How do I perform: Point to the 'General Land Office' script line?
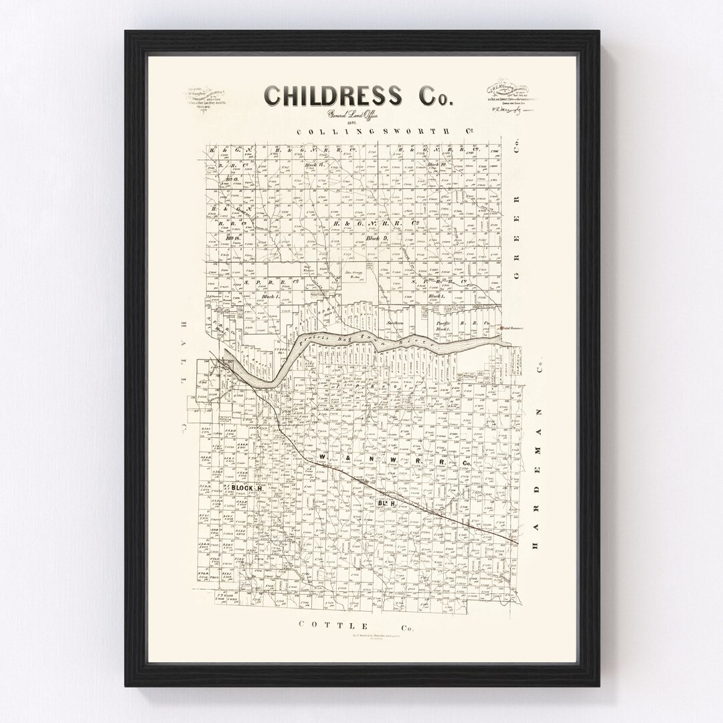352,114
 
